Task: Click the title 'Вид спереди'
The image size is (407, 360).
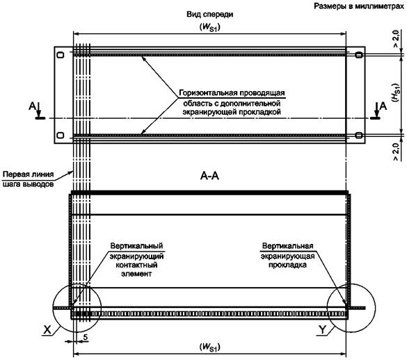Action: coord(209,15)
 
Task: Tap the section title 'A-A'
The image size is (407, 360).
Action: coord(209,176)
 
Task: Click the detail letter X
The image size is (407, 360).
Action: coord(47,329)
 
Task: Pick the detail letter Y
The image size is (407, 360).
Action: coord(322,329)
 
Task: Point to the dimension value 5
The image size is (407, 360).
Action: coord(85,337)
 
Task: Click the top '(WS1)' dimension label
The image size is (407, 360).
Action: coord(209,27)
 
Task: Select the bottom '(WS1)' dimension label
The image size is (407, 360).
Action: coord(209,347)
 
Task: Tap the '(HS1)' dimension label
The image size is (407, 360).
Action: coord(397,92)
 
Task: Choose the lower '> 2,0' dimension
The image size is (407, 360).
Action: coord(396,152)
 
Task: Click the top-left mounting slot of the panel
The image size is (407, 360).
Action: coord(61,55)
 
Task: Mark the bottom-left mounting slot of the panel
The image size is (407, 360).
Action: coord(61,135)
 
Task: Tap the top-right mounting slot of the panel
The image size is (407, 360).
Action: coord(359,55)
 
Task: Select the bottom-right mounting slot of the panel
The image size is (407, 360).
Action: coord(359,135)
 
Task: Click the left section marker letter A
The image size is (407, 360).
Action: coord(32,106)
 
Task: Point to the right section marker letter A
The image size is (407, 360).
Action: coord(383,106)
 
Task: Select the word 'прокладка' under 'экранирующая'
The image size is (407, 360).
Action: coord(287,265)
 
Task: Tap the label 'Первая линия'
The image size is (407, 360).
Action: coord(29,174)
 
